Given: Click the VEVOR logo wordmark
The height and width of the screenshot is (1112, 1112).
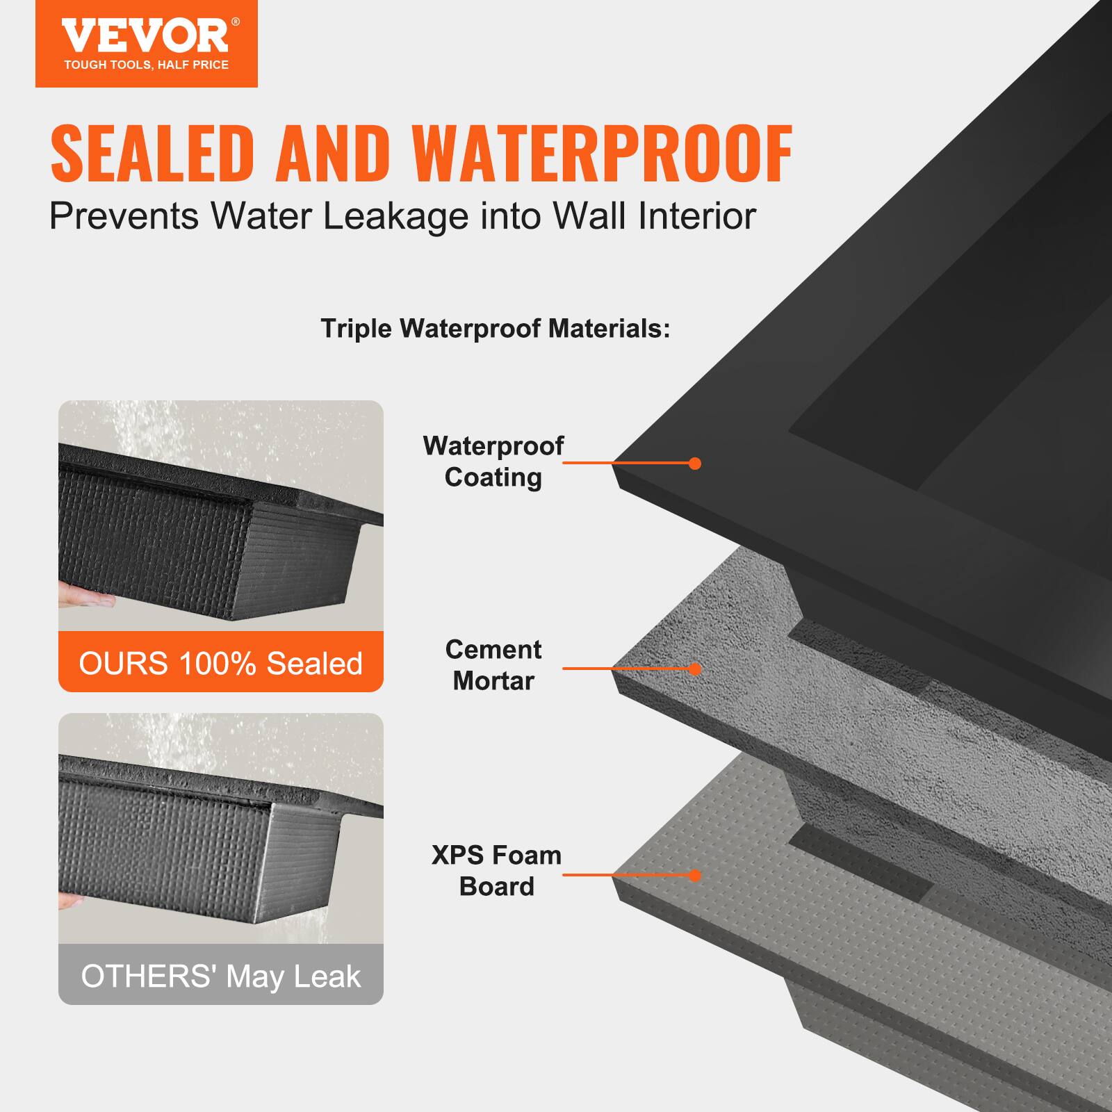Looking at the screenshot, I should click(145, 35).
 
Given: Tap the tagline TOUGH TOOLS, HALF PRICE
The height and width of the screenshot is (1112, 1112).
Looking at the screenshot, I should click(147, 65).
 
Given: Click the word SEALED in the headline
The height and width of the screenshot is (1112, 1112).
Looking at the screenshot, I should click(150, 154).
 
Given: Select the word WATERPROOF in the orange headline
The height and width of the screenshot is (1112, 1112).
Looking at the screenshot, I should click(601, 154).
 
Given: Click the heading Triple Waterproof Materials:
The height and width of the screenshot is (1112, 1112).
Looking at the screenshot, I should click(496, 328).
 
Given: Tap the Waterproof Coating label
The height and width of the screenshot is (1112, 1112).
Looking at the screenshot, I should click(493, 461).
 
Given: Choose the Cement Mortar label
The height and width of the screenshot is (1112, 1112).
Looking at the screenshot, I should click(493, 665).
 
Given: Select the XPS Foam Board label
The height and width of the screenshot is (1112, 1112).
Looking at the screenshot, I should click(496, 870).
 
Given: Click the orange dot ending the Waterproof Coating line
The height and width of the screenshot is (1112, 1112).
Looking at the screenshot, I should click(694, 464).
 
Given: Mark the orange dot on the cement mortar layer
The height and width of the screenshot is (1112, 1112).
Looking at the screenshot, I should click(694, 669).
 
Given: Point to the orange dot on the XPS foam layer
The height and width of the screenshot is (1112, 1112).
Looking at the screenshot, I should click(694, 875).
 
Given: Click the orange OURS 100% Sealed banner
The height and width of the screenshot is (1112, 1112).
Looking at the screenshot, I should click(221, 662).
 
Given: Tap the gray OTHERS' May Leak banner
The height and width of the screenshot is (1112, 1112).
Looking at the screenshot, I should click(221, 976).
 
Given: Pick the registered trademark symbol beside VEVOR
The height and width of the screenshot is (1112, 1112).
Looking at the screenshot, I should click(236, 22).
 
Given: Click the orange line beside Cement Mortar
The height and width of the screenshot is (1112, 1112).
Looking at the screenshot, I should click(625, 669).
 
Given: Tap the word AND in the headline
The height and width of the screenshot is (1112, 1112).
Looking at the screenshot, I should click(331, 154).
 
